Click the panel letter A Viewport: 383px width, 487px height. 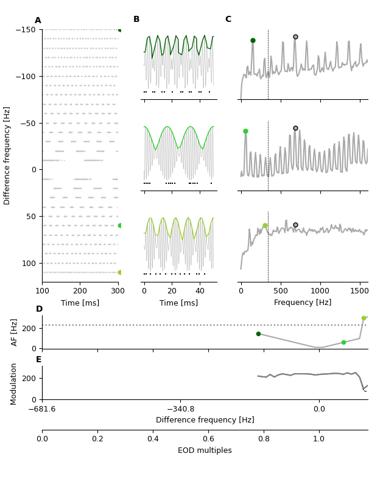[38, 21]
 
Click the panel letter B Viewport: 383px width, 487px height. [136, 19]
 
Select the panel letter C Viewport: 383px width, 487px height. [228, 19]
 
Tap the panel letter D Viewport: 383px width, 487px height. [39, 309]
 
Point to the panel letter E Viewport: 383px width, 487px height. [38, 360]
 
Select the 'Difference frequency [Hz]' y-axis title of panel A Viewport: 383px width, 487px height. [7, 155]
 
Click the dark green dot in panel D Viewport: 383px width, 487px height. [258, 334]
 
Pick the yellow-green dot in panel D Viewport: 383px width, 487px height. [364, 318]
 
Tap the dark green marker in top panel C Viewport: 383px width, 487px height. [253, 41]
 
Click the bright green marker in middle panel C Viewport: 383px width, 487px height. [245, 131]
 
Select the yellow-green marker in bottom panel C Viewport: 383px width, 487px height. [265, 226]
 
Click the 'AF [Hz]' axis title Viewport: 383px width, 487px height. [15, 332]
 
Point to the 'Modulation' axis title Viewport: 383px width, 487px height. [13, 384]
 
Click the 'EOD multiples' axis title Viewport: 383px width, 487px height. [205, 450]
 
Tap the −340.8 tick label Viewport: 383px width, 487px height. [180, 409]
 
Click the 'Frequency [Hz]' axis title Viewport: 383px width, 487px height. [303, 303]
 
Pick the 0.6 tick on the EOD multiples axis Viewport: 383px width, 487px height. [208, 438]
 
